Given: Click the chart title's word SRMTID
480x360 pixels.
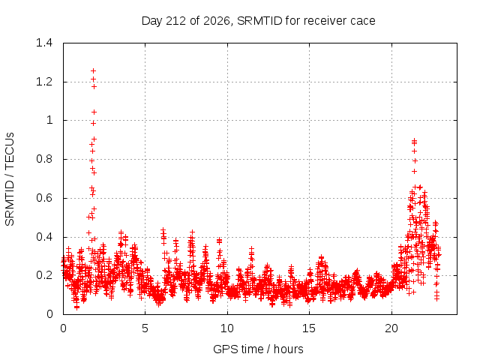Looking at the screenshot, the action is pyautogui.click(x=259, y=21).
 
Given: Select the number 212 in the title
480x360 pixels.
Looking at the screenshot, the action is pyautogui.click(x=175, y=21).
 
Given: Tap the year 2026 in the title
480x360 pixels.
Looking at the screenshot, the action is pyautogui.click(x=217, y=21).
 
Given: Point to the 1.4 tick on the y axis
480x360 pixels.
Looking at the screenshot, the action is pyautogui.click(x=44, y=43).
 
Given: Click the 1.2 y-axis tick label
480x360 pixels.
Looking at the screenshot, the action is pyautogui.click(x=44, y=82).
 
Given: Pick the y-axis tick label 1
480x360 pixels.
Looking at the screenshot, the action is pyautogui.click(x=49, y=120).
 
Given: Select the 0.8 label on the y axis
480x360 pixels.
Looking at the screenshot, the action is pyautogui.click(x=44, y=159).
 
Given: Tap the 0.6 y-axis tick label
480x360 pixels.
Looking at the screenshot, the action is pyautogui.click(x=44, y=198).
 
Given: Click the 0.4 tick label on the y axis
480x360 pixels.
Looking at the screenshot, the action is pyautogui.click(x=44, y=237).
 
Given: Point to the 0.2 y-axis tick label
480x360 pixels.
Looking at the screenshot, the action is pyautogui.click(x=44, y=275).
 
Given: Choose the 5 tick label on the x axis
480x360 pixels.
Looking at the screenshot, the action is pyautogui.click(x=145, y=328).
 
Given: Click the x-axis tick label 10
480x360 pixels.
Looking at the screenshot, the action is pyautogui.click(x=227, y=328).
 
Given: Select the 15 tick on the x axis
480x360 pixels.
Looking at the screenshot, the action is pyautogui.click(x=309, y=328).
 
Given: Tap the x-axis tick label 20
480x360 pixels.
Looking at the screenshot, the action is pyautogui.click(x=391, y=328).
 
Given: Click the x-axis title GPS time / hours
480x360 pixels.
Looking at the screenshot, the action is pyautogui.click(x=258, y=349).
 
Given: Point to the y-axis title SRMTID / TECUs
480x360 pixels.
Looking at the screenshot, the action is pyautogui.click(x=10, y=179).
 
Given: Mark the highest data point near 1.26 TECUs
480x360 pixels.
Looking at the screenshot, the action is pyautogui.click(x=93, y=71).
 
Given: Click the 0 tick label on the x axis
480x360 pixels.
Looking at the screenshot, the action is pyautogui.click(x=63, y=328).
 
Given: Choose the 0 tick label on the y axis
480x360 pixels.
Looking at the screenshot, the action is pyautogui.click(x=49, y=314).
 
